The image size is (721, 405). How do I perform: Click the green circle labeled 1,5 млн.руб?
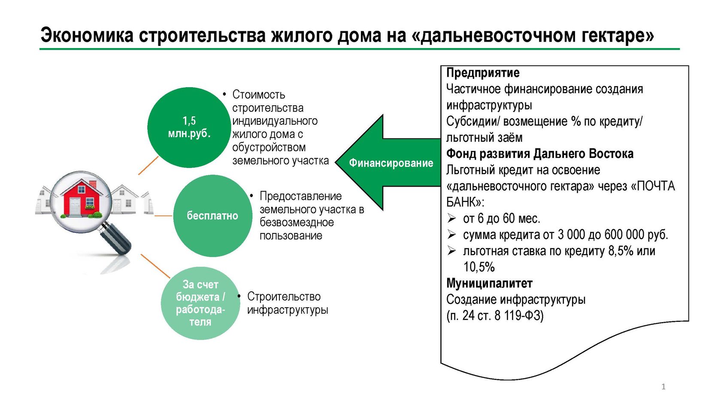pos(189,127)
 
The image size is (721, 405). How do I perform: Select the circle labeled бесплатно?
pos(212,215)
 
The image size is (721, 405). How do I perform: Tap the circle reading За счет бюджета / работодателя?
pos(200,303)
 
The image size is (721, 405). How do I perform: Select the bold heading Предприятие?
pos(483,73)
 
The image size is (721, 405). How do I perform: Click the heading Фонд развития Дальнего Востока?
pos(539,154)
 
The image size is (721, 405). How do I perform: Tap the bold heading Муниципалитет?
pos(489,283)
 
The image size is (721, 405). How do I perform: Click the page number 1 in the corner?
pos(663,387)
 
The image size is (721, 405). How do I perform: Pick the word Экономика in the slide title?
pos(87,35)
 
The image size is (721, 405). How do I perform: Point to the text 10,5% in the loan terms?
pos(479,267)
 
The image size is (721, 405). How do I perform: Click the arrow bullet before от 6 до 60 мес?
pos(451,218)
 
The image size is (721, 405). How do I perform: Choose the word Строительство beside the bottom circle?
pos(284,296)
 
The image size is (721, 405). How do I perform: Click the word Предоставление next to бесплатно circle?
pos(300,196)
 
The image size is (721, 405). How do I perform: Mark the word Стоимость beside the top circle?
pos(258,94)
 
